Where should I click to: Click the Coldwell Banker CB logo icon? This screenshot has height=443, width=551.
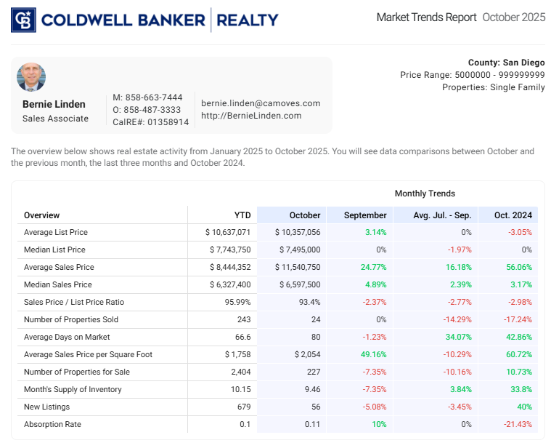coord(23,20)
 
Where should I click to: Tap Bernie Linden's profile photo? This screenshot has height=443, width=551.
coord(31,77)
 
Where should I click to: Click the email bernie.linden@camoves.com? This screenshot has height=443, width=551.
coord(261,103)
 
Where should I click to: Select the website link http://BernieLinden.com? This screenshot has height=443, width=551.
coord(251,115)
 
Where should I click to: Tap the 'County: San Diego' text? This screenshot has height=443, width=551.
coord(507,63)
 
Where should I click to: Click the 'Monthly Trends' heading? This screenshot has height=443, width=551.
coord(425,193)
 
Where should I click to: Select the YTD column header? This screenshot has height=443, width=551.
coord(242,215)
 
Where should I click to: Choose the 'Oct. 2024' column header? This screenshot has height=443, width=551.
coord(514,215)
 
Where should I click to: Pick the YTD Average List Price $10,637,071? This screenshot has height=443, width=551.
coord(228,232)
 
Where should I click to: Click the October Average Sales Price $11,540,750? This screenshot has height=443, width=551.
coord(298,267)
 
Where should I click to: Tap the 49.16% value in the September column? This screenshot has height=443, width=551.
coord(372,354)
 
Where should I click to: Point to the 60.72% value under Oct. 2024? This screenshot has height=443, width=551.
coord(518,354)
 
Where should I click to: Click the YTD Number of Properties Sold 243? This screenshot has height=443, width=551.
coord(243,319)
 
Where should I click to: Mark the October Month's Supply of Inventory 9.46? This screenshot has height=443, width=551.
coord(311,389)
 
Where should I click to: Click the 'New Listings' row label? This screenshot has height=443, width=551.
coord(46,407)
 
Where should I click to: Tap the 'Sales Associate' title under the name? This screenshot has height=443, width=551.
coord(55,119)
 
